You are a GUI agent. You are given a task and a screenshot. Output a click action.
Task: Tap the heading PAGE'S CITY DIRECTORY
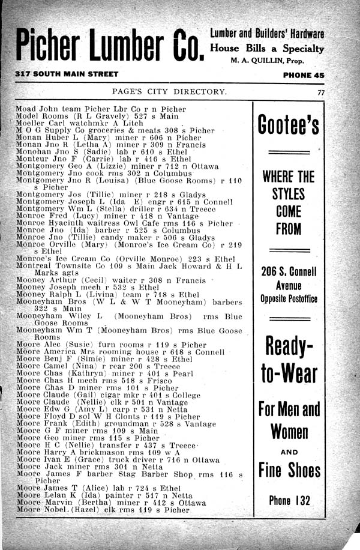tap(170, 92)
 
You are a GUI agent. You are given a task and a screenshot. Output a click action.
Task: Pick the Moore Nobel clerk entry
tap(103, 510)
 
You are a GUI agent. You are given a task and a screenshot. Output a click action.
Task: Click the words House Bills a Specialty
tap(267, 48)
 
